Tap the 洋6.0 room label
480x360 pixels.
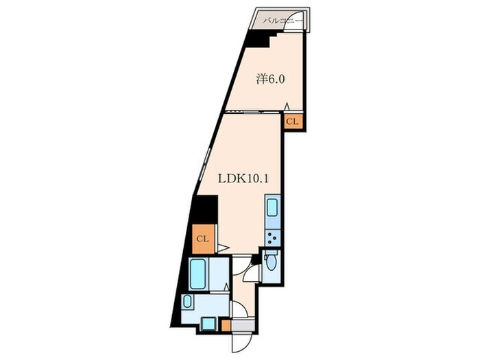pos(270,80)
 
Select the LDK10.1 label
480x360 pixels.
pos(243,178)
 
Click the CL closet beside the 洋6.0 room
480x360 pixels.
pos(292,121)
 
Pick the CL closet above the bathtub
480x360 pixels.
pos(203,239)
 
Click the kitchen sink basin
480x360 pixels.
pos(272,208)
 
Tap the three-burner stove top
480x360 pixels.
pos(272,237)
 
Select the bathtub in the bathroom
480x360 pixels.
pos(197,274)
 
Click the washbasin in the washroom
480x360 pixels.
pos(187,302)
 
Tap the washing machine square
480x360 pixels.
pos(208,324)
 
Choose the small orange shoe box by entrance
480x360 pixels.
pos(226,326)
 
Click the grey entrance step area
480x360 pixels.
pos(243,325)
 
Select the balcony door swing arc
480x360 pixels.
pos(294,20)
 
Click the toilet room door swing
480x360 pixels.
pos(251,274)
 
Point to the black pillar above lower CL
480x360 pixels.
pos(204,210)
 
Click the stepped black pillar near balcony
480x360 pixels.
pos(260,39)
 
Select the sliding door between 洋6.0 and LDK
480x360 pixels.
pos(252,112)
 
